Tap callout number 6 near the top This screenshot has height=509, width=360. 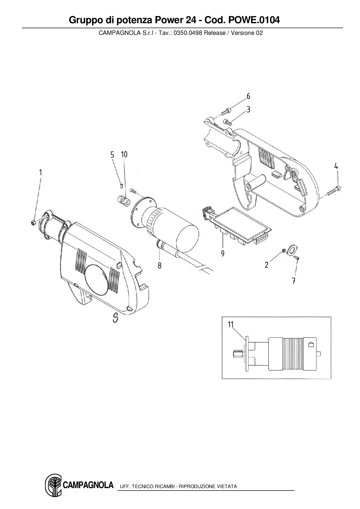[x=249, y=96]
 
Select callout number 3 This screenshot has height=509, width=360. [x=249, y=109]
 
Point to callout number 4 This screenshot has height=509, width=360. [x=336, y=166]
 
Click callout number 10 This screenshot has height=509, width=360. [x=124, y=154]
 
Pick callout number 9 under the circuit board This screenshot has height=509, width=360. [x=223, y=254]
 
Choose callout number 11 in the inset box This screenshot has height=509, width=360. [x=231, y=324]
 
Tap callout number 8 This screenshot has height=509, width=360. [x=160, y=265]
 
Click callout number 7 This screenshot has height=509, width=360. [x=294, y=281]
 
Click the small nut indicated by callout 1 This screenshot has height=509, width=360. [x=33, y=223]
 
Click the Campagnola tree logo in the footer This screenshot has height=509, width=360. [x=53, y=485]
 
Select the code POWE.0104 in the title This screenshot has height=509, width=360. [x=254, y=20]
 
